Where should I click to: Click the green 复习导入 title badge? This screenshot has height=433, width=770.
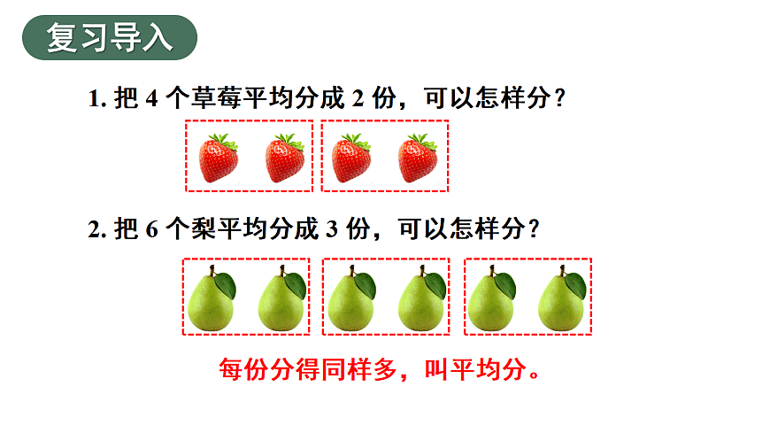pyautogui.click(x=109, y=39)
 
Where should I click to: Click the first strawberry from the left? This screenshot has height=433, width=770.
pyautogui.click(x=218, y=159)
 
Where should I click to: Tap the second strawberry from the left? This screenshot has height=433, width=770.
pyautogui.click(x=285, y=159)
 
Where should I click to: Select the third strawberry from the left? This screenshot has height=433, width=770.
pyautogui.click(x=351, y=159)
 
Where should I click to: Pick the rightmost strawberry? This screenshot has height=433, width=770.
pyautogui.click(x=418, y=159)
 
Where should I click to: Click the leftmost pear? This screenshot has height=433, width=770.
pyautogui.click(x=211, y=301)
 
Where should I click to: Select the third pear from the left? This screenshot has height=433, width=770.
pyautogui.click(x=350, y=301)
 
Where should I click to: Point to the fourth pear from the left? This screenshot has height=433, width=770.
pyautogui.click(x=420, y=301)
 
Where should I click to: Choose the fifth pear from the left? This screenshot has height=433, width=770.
pyautogui.click(x=490, y=301)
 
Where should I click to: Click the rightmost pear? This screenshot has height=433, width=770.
pyautogui.click(x=560, y=301)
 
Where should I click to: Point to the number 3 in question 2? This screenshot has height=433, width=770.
pyautogui.click(x=333, y=229)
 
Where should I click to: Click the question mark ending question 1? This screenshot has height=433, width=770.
pyautogui.click(x=558, y=99)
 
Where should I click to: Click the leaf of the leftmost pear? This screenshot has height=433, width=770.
pyautogui.click(x=226, y=285)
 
